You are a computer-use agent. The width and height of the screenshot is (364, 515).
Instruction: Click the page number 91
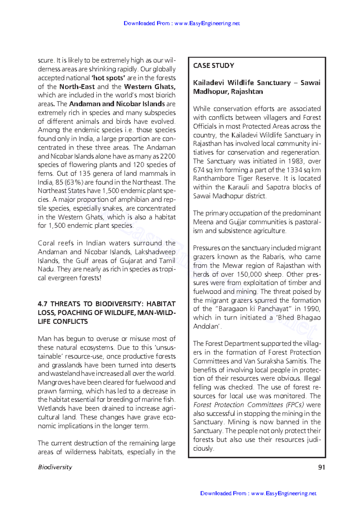[x=322, y=467]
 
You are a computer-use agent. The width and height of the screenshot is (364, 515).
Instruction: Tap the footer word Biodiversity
[x=55, y=467]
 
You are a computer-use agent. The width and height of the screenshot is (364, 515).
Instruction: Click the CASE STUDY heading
[x=214, y=66]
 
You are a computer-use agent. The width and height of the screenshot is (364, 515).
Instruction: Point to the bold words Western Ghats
[x=150, y=87]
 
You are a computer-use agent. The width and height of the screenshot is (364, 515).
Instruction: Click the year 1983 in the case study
[x=295, y=161]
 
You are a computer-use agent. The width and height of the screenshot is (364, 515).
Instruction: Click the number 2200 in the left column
[x=168, y=156]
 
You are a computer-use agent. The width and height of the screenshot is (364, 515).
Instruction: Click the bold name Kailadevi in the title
[x=209, y=83]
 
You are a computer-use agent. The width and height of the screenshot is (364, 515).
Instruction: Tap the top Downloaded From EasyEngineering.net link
[x=182, y=23]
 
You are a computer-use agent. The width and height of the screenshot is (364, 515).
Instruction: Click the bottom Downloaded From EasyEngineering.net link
[x=258, y=493]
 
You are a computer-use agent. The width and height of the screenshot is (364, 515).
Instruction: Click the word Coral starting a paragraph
[x=46, y=243]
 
